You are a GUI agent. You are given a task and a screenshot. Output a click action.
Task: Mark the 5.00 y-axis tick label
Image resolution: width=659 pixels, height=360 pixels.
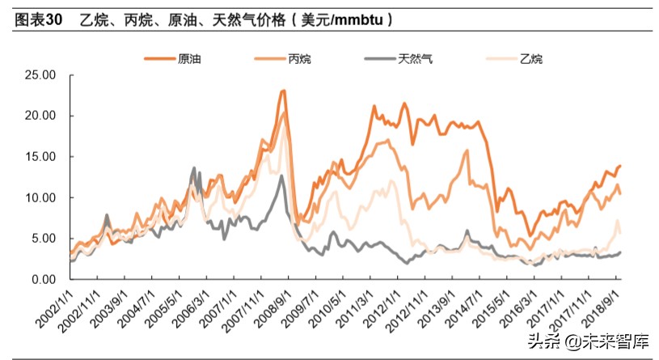click(x=42, y=239)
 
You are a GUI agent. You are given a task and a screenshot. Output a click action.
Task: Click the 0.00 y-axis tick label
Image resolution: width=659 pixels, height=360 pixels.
click(x=42, y=279)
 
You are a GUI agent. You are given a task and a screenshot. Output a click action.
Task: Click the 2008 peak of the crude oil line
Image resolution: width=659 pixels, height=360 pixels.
click(x=283, y=91)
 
